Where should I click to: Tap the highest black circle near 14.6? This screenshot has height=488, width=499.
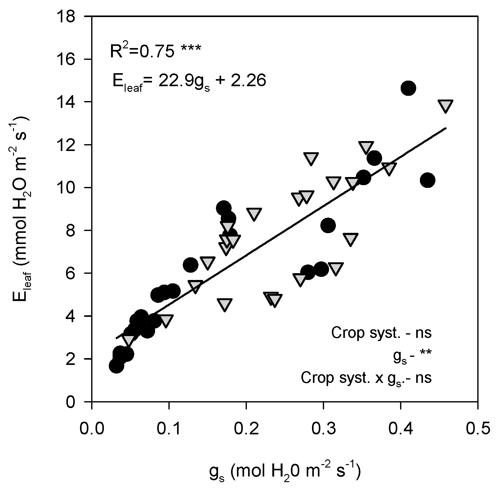pyautogui.click(x=408, y=88)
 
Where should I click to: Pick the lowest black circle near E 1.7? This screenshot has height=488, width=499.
pyautogui.click(x=116, y=366)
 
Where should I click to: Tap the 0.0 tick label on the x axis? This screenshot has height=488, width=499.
pyautogui.click(x=92, y=429)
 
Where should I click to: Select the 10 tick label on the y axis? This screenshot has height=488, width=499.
pyautogui.click(x=71, y=188)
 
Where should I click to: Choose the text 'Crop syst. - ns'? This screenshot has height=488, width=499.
pyautogui.click(x=381, y=333)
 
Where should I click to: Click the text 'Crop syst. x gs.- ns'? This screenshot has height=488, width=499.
pyautogui.click(x=366, y=378)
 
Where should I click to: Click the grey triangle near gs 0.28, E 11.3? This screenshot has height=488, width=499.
pyautogui.click(x=311, y=158)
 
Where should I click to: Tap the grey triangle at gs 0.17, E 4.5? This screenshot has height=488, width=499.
pyautogui.click(x=225, y=305)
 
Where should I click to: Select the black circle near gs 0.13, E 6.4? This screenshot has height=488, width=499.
pyautogui.click(x=190, y=265)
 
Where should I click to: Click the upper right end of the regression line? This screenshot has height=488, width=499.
pyautogui.click(x=445, y=128)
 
